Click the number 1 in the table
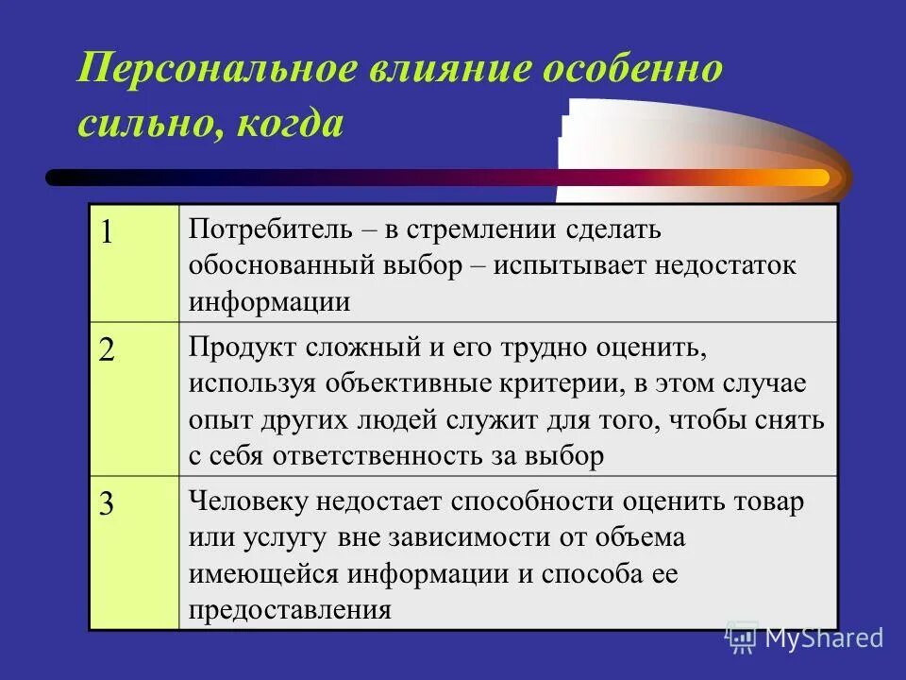point(108,232)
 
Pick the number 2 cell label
point(108,349)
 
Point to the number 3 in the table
point(108,504)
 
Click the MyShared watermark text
point(824,637)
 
